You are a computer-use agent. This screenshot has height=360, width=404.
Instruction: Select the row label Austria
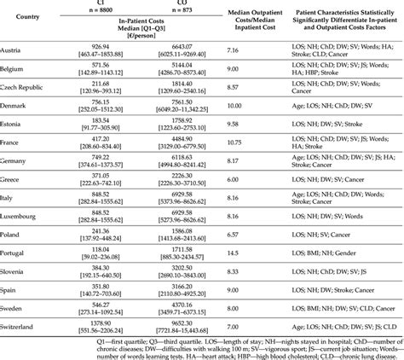point(16,52)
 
